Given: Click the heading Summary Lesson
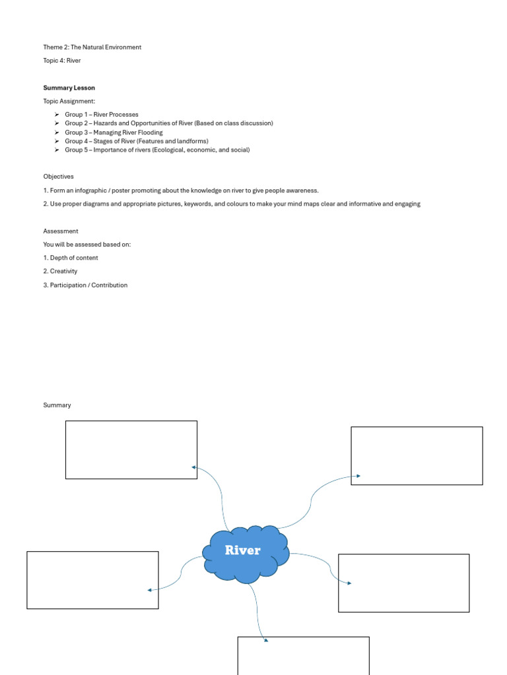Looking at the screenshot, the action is (69, 88).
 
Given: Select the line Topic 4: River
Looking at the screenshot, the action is (62, 61).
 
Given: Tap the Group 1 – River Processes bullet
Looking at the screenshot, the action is (102, 115).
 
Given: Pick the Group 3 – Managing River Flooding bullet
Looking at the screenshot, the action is (114, 132).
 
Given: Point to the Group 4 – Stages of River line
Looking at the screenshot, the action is (136, 141).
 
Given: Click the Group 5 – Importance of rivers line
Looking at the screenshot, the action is (157, 150).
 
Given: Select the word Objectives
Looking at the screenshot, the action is (59, 177).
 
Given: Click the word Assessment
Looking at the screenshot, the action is (61, 231).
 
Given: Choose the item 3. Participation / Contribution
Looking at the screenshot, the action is (86, 285).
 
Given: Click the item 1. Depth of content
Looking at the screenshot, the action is (71, 258).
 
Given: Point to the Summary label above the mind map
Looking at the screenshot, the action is (57, 405).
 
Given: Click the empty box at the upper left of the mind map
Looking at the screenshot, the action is (131, 450).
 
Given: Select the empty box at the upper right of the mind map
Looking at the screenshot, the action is (417, 455).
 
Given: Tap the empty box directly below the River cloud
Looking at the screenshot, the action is (303, 655).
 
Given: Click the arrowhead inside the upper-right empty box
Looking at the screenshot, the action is (358, 475).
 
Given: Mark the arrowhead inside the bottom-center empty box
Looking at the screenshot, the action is (265, 639).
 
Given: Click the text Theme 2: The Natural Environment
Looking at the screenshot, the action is (92, 47).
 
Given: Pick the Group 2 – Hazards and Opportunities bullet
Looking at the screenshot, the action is (168, 123).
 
